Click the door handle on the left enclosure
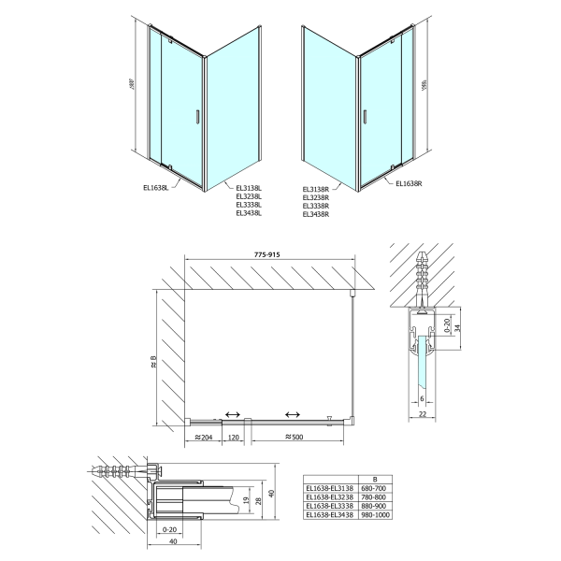(x=195, y=117)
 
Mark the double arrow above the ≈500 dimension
(x=293, y=414)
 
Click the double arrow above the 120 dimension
(x=232, y=414)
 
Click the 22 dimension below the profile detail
(x=423, y=415)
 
